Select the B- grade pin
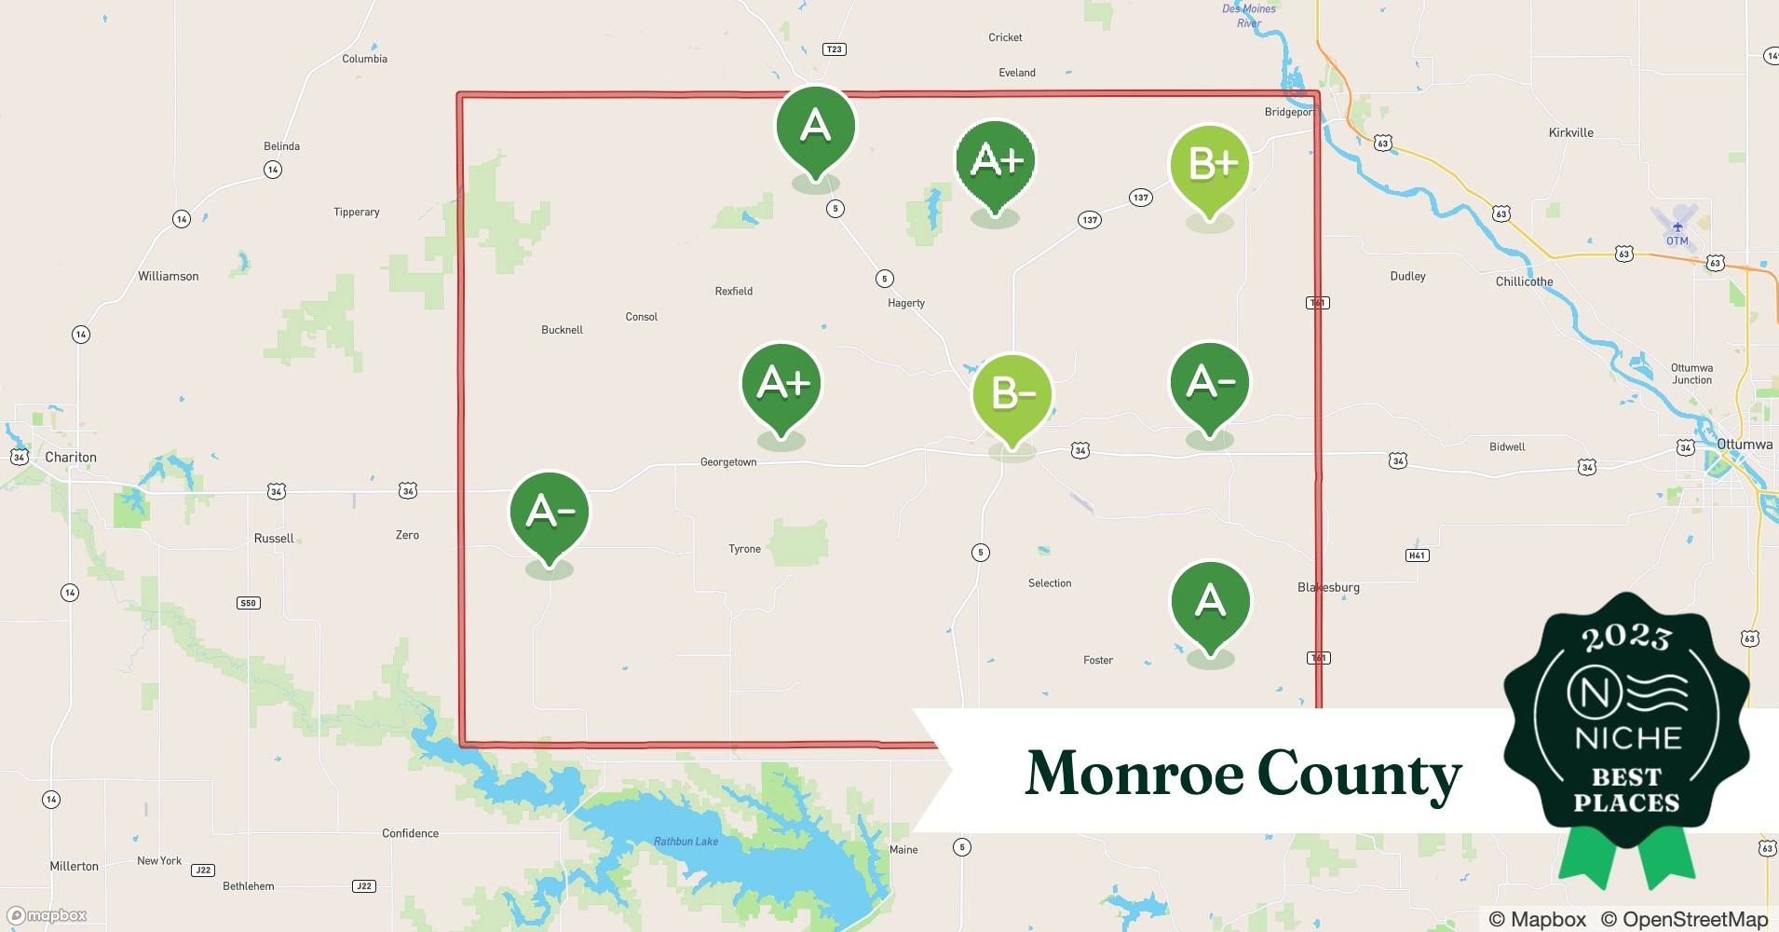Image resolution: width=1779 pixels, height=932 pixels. pyautogui.click(x=1012, y=395)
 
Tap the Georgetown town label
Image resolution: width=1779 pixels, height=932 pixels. pyautogui.click(x=728, y=462)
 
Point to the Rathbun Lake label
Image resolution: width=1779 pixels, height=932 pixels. pyautogui.click(x=686, y=842)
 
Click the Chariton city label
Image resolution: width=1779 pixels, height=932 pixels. pyautogui.click(x=71, y=458)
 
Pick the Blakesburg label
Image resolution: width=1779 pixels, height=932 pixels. pyautogui.click(x=1328, y=588)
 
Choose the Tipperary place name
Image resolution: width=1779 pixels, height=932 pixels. pyautogui.click(x=357, y=212)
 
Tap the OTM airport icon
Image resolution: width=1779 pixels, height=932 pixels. pyautogui.click(x=1677, y=227)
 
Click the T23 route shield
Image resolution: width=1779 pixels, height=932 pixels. pyautogui.click(x=834, y=49)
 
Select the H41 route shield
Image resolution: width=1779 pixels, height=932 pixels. pyautogui.click(x=1417, y=555)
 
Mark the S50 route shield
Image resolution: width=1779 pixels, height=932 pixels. pyautogui.click(x=248, y=603)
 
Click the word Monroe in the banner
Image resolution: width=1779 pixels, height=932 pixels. pyautogui.click(x=1134, y=774)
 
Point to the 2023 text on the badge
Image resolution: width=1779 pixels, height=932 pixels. pyautogui.click(x=1626, y=637)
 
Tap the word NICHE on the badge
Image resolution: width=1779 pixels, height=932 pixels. pyautogui.click(x=1627, y=739)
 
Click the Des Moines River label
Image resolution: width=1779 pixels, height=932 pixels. pyautogui.click(x=1249, y=16)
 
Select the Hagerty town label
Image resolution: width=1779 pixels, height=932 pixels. pyautogui.click(x=906, y=304)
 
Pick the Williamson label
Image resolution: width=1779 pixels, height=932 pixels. pyautogui.click(x=169, y=277)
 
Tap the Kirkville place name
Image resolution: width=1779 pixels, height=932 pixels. pyautogui.click(x=1571, y=133)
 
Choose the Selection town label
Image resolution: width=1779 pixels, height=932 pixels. pyautogui.click(x=1050, y=583)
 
